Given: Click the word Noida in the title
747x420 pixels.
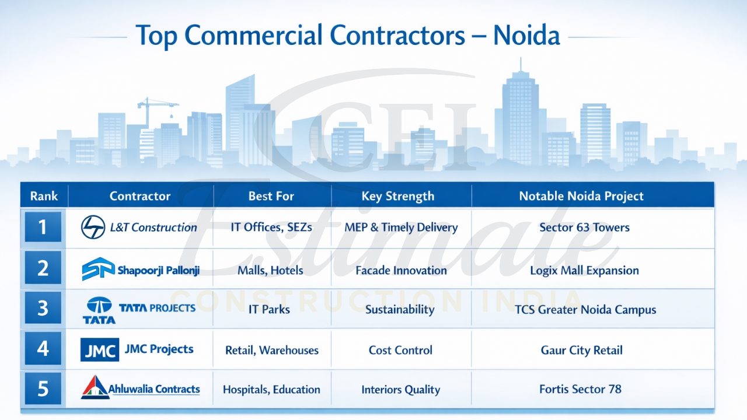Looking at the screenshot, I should [526, 36].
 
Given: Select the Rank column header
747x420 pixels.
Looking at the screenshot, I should [44, 196].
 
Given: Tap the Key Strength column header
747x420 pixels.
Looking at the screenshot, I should [398, 196].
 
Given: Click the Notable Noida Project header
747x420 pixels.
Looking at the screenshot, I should [581, 196].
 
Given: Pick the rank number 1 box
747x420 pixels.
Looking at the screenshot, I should [43, 227].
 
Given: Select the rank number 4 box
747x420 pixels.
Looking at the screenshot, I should [43, 348].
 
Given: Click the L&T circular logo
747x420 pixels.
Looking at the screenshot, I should [93, 227].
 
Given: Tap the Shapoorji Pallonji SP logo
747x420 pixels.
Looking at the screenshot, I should [98, 269].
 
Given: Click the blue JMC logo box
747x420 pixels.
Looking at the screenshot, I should [100, 349].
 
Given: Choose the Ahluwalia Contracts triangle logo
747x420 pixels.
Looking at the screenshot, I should [95, 388].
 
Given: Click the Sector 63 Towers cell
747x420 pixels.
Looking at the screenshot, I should [584, 228].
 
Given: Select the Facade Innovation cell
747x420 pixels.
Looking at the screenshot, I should [401, 271].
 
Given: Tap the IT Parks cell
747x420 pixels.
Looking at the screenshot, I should [269, 309].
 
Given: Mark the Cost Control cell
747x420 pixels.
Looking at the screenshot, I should [400, 351].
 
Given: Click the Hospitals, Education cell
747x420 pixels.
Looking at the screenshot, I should [271, 390].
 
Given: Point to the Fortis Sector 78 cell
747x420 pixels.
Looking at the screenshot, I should [580, 389].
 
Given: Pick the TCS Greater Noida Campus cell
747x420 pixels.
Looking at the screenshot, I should [585, 310].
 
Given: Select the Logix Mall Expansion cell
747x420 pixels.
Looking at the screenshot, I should [584, 271].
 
